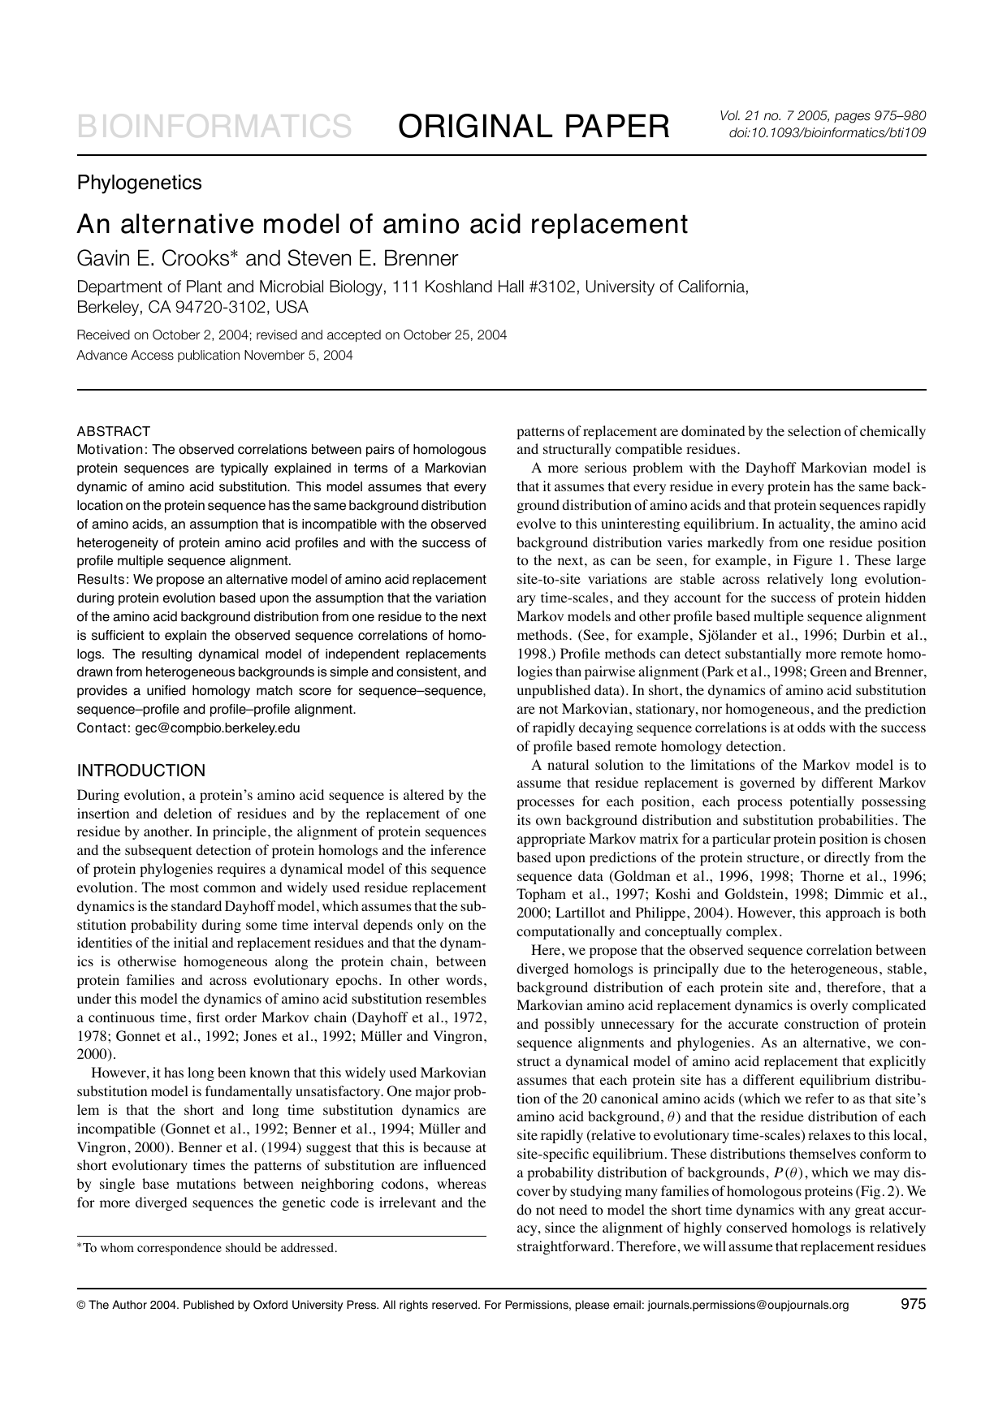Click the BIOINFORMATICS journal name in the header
tap(214, 127)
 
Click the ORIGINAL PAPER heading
tap(534, 127)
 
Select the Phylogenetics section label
tap(139, 183)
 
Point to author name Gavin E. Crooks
tap(156, 259)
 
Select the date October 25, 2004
tap(455, 335)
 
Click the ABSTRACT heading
tap(113, 431)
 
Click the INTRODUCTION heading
tap(140, 771)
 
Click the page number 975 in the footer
tap(914, 1305)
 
